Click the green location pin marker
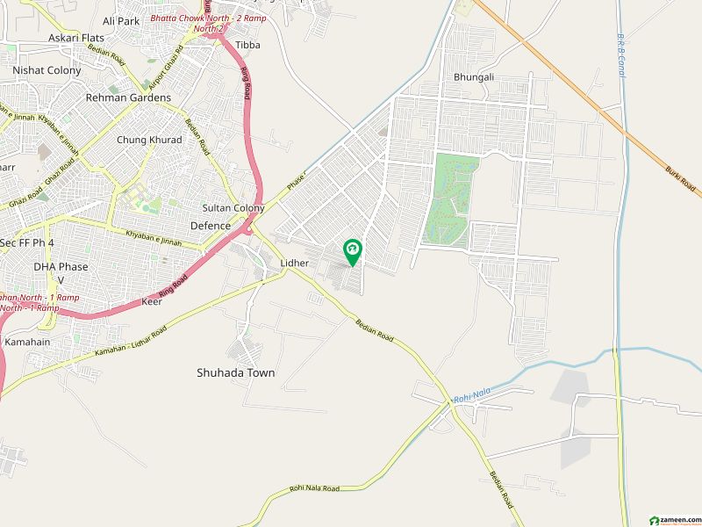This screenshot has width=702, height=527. click(x=352, y=252)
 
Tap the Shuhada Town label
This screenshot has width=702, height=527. click(x=235, y=372)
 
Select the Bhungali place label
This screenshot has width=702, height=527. click(x=474, y=77)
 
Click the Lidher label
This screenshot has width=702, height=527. click(x=293, y=263)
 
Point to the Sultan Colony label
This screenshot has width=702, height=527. click(x=233, y=208)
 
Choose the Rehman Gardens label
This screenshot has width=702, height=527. click(x=128, y=97)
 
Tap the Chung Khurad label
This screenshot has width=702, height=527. click(x=149, y=140)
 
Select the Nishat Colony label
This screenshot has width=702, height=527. click(x=47, y=69)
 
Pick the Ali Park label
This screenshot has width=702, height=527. click(x=121, y=20)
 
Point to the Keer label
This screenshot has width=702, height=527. click(x=152, y=301)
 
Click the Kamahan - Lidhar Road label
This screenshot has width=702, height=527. click(x=131, y=343)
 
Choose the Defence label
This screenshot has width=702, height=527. click(x=211, y=226)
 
